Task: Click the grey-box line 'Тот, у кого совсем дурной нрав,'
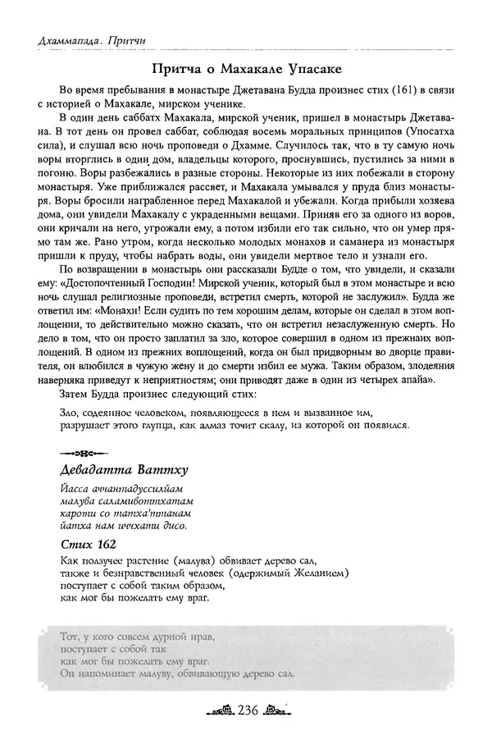[140, 636]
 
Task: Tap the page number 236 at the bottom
[245, 710]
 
